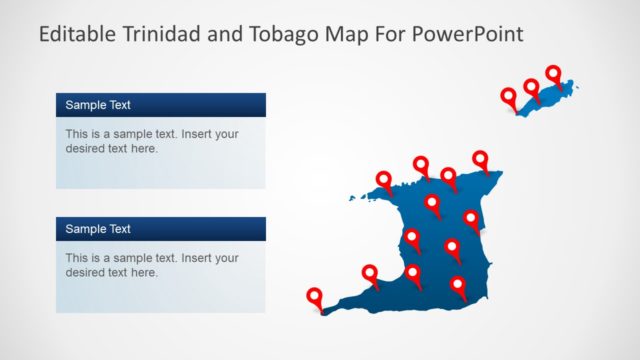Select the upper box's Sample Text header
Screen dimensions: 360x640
[x=98, y=104]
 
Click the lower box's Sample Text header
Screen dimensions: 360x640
[x=98, y=229]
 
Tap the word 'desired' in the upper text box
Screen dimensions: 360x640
[x=87, y=148]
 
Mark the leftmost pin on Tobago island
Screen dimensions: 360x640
[x=509, y=97]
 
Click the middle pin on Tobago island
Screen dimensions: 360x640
[x=531, y=88]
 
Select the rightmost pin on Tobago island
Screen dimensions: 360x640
[x=553, y=73]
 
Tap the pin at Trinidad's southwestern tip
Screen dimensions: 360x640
[x=315, y=295]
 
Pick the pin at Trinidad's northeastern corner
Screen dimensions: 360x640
[x=480, y=159]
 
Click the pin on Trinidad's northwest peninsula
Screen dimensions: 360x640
[x=384, y=180]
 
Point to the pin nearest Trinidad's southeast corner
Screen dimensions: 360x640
[x=458, y=285]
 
